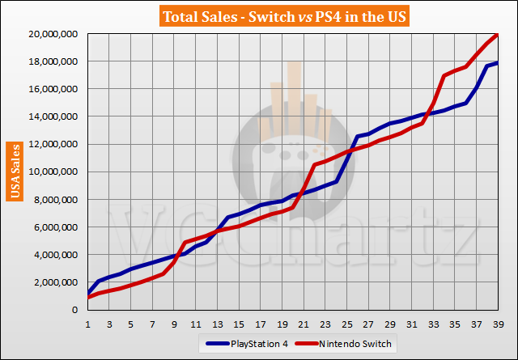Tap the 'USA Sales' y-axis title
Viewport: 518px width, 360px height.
pos(15,171)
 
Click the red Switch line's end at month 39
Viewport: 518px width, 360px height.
pos(497,35)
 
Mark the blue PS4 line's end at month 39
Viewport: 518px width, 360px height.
pos(497,63)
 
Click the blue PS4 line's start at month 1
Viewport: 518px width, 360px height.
pos(87,293)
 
